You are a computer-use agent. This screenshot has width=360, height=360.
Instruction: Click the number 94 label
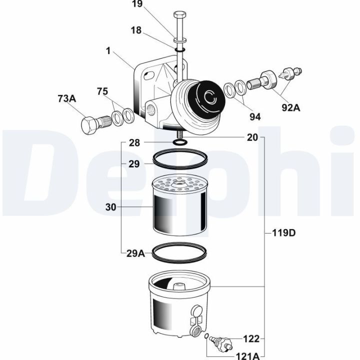(x=255, y=117)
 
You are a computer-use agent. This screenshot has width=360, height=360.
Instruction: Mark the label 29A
(x=135, y=254)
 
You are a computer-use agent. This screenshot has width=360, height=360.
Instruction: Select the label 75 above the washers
(x=102, y=91)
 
